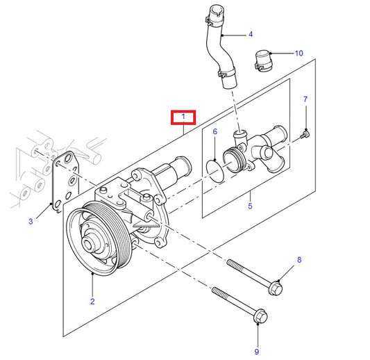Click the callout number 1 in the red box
click(x=184, y=116)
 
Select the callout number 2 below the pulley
click(x=92, y=301)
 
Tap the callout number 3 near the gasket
click(x=31, y=222)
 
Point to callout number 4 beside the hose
click(x=250, y=33)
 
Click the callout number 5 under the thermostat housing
click(x=251, y=206)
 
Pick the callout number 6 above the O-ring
click(x=215, y=131)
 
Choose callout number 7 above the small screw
click(x=305, y=100)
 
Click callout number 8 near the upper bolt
click(x=299, y=260)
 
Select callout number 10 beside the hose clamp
click(x=298, y=53)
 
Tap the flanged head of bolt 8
click(x=275, y=285)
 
